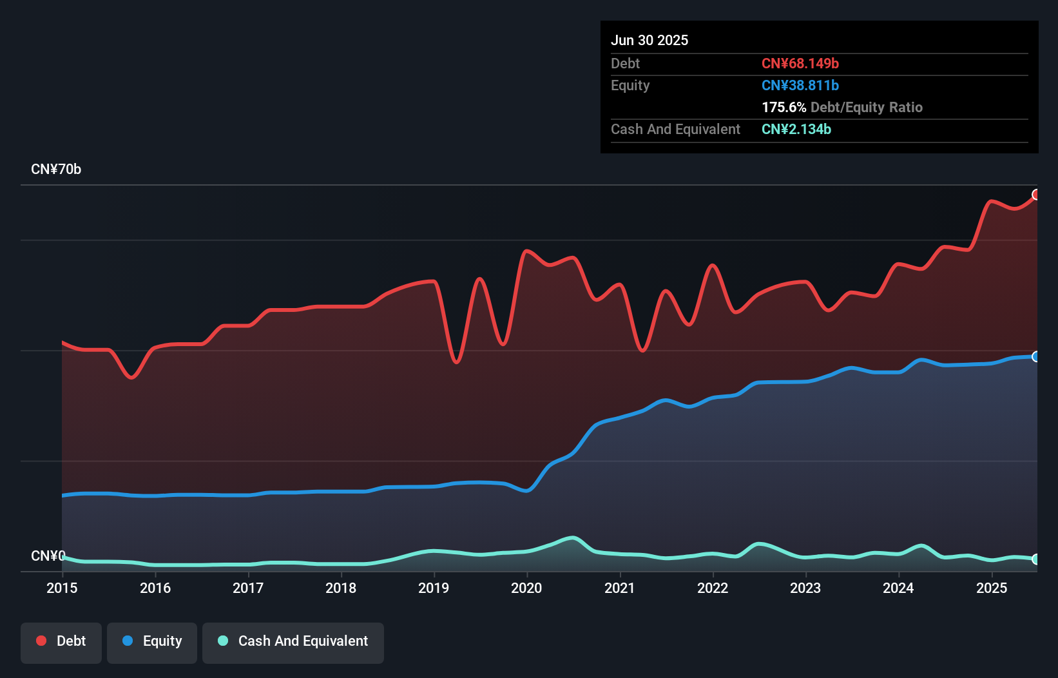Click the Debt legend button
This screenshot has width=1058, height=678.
[61, 642]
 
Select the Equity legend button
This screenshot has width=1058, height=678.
[152, 642]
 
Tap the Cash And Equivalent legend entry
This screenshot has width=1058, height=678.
[293, 642]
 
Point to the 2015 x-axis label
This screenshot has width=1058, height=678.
[62, 588]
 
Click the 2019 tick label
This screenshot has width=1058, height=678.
[434, 588]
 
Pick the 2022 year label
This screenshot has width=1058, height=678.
[713, 588]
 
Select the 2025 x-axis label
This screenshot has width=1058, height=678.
[992, 588]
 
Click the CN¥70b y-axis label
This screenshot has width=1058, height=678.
[56, 169]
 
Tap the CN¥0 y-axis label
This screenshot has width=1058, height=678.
[48, 556]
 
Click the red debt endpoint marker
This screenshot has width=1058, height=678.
[1036, 195]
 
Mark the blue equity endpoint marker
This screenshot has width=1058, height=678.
[1036, 356]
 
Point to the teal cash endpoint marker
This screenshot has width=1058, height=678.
[1036, 559]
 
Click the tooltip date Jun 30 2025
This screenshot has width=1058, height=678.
[649, 40]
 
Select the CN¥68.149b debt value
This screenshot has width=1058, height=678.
[800, 63]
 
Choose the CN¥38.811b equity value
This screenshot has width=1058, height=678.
[800, 85]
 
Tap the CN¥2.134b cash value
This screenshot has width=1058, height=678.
[796, 129]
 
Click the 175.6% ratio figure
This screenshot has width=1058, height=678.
[784, 107]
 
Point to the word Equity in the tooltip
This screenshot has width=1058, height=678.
[630, 85]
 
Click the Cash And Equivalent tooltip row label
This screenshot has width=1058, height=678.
[675, 129]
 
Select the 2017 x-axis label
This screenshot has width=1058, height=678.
[248, 588]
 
